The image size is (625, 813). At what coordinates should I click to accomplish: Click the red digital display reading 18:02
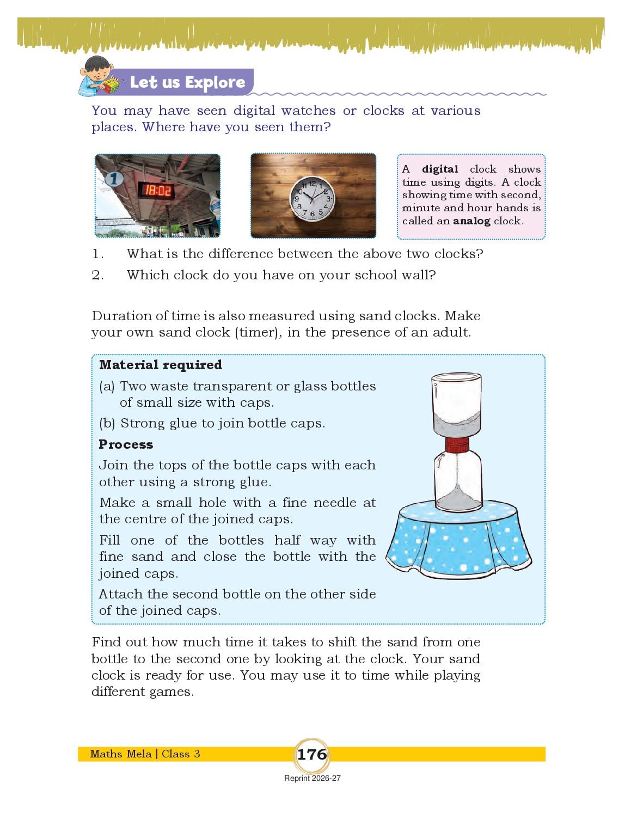(156, 191)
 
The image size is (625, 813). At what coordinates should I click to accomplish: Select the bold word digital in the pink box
(440, 169)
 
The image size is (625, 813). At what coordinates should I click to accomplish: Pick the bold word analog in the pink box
(471, 221)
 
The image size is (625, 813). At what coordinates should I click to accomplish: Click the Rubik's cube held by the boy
(111, 85)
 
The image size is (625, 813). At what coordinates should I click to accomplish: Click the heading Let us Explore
(187, 82)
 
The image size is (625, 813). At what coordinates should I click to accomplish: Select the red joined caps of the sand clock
(457, 445)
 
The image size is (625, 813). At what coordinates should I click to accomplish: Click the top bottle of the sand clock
(456, 405)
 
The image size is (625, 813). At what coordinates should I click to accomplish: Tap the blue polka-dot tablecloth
(458, 539)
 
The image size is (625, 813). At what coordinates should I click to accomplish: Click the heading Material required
(161, 365)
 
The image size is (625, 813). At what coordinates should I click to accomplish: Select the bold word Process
(126, 444)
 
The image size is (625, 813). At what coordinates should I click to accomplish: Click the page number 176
(311, 754)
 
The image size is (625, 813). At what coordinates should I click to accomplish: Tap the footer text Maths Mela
(121, 754)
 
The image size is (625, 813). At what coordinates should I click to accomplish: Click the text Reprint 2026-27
(312, 778)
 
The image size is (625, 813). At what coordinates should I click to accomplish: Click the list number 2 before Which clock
(97, 276)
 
